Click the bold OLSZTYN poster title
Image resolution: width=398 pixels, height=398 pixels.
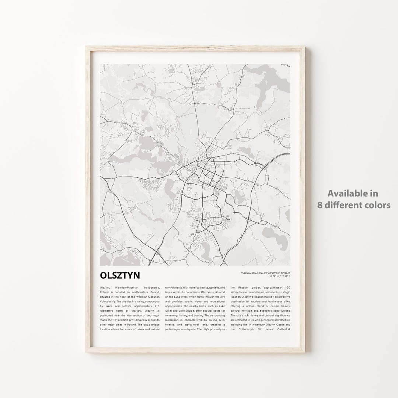coord(120,276)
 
